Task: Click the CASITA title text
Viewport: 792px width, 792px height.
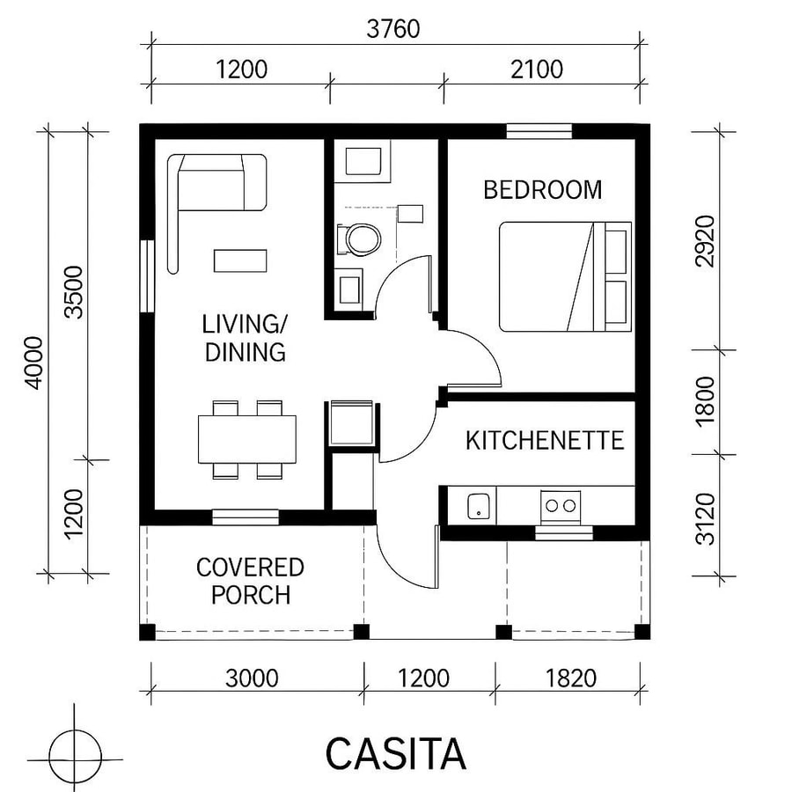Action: [x=395, y=754]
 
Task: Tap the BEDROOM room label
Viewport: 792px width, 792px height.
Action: [x=543, y=189]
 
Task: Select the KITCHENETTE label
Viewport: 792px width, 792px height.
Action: [x=545, y=440]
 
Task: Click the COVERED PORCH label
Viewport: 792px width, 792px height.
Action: [x=250, y=581]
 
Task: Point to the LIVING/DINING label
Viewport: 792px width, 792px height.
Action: [x=245, y=338]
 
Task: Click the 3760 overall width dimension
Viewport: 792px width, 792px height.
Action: [x=393, y=28]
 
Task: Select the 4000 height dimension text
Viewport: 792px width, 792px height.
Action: [x=33, y=362]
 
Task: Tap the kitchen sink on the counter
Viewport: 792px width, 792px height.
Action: [x=479, y=505]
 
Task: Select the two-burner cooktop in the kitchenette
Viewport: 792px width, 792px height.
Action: [x=560, y=505]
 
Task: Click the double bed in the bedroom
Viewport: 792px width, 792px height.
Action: [x=564, y=276]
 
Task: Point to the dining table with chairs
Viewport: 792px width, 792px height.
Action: [x=247, y=438]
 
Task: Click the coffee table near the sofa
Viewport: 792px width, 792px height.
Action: [x=240, y=260]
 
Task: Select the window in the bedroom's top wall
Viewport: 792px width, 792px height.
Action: [x=539, y=132]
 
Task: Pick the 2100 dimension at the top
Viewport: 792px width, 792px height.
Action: [x=536, y=69]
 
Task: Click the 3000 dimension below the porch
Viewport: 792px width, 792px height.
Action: [x=252, y=678]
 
